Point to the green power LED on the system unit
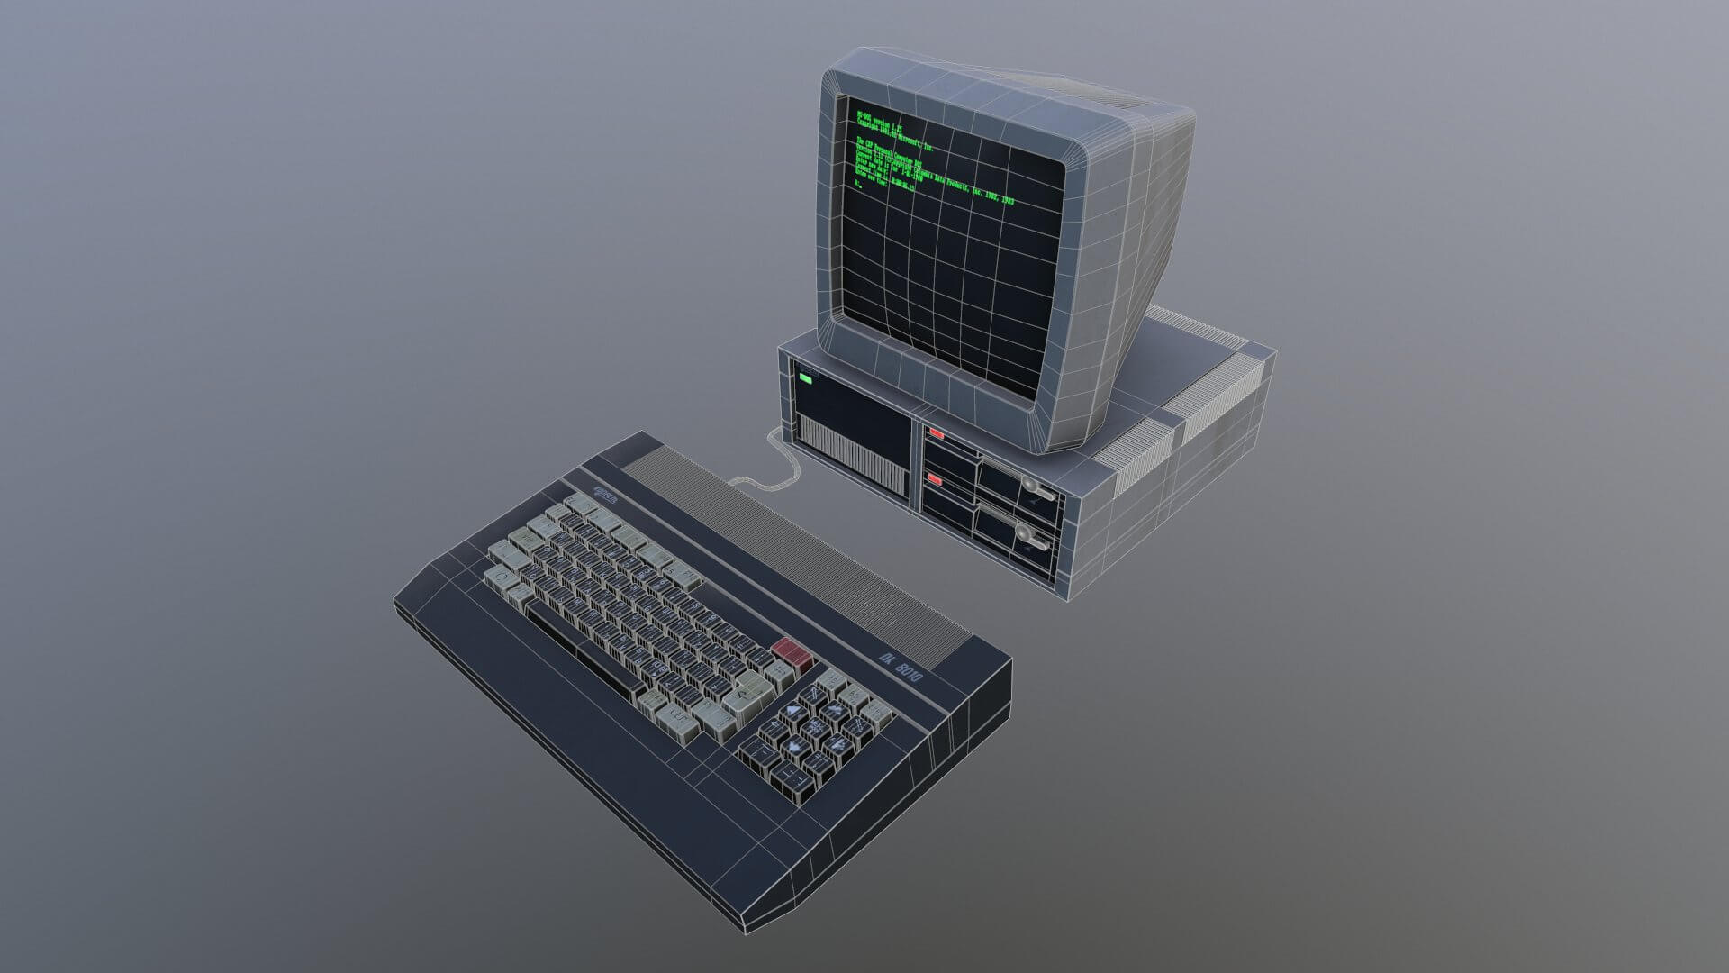click(805, 381)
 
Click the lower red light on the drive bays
click(937, 482)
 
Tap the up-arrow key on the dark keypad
click(792, 712)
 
